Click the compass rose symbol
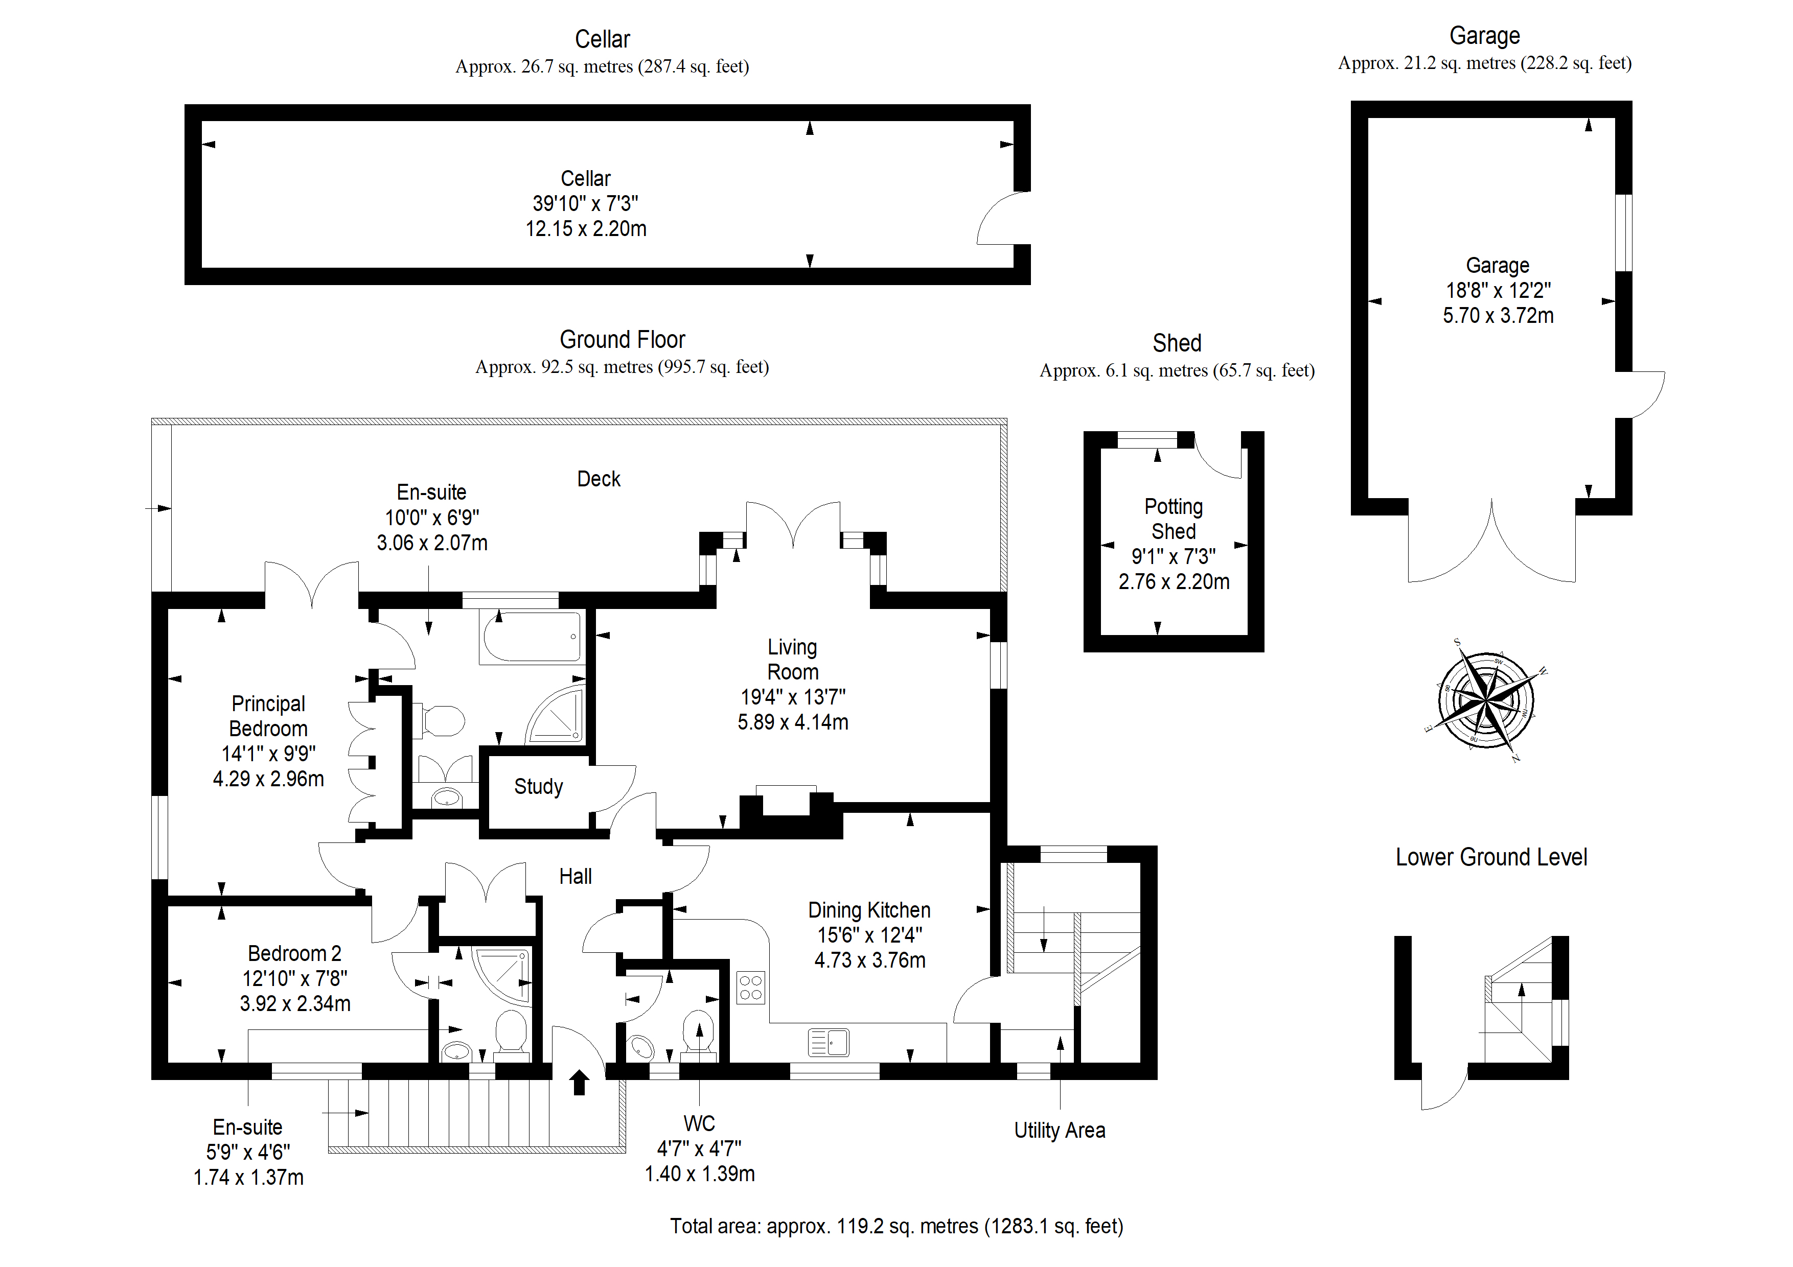pos(1487,699)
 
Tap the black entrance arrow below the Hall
pos(579,1082)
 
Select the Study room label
pos(538,786)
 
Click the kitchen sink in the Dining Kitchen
pos(829,1042)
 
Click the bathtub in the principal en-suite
pos(530,637)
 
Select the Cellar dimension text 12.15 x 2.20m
pos(586,229)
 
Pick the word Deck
pos(599,479)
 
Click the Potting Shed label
pos(1174,519)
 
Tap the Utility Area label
pos(1060,1131)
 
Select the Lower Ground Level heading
pos(1491,857)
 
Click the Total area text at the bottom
pos(896,1227)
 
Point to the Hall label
pos(576,877)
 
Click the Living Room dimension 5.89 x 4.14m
pos(793,722)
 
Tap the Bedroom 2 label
pos(294,953)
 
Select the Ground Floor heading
pos(623,340)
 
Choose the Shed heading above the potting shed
pos(1177,343)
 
